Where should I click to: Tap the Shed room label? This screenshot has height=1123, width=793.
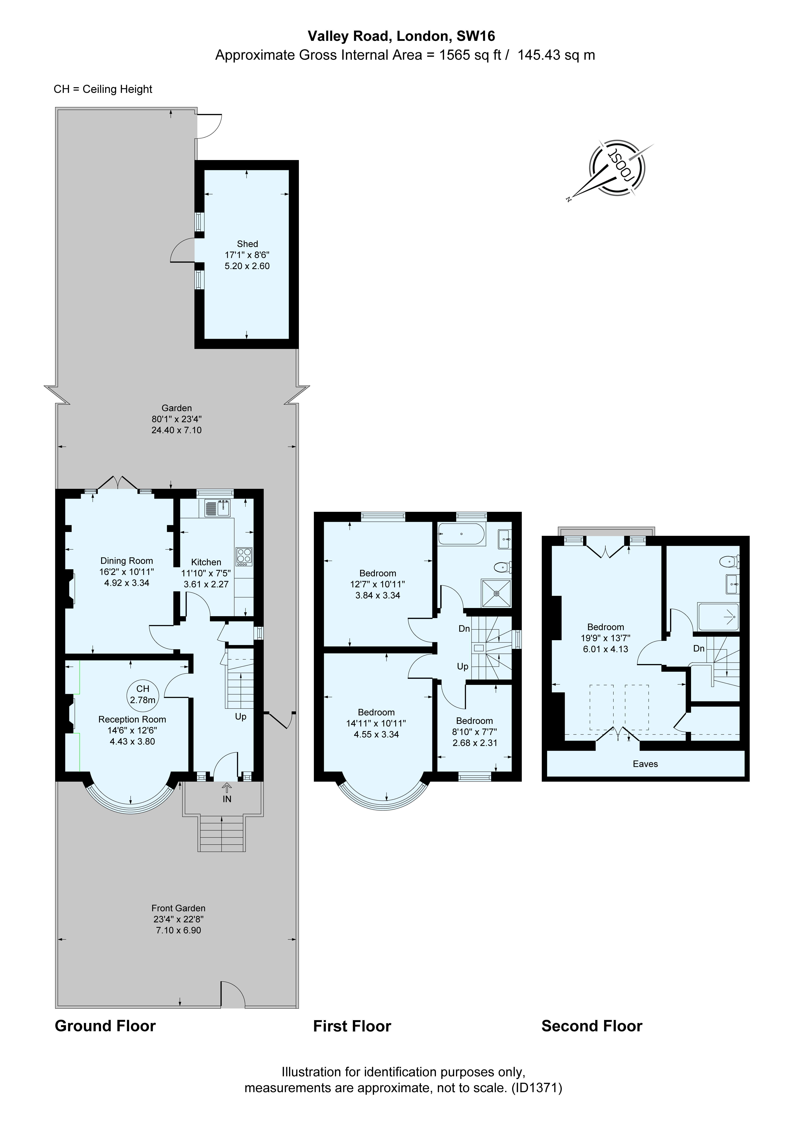pos(247,244)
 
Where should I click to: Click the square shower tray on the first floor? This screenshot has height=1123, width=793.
pos(497,593)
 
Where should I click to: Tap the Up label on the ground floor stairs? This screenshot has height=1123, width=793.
pos(241,717)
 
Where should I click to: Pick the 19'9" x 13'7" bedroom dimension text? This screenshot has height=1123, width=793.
pos(605,638)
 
